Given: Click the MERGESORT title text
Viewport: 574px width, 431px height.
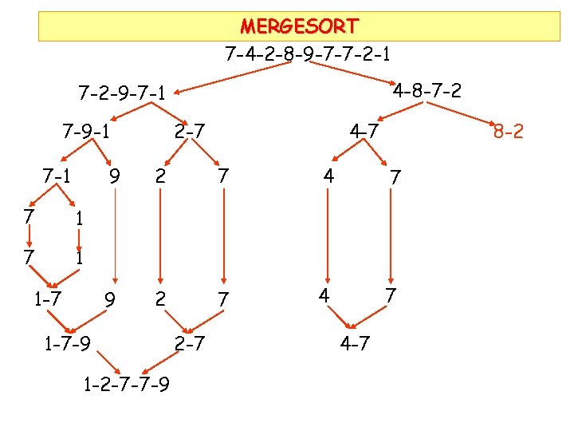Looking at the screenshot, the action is [x=299, y=26].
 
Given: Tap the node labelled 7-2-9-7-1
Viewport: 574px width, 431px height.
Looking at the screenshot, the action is [x=122, y=93].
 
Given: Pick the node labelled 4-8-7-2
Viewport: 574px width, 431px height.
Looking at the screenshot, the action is [x=427, y=89].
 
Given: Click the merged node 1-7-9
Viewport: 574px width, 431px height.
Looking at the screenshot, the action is [x=68, y=345].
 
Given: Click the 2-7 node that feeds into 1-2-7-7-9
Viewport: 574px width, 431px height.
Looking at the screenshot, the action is [x=190, y=345].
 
